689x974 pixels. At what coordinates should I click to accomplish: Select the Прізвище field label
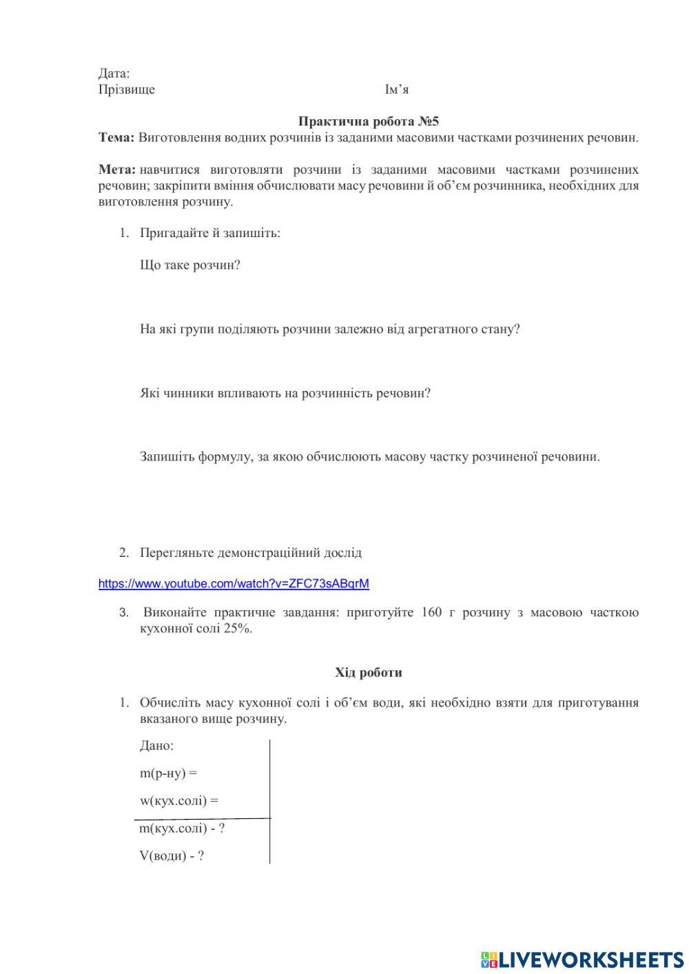[x=127, y=90]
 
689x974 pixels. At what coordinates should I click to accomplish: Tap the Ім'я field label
[x=397, y=90]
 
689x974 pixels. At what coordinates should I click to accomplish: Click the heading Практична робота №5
[x=369, y=121]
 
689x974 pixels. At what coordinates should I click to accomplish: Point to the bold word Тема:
[x=116, y=137]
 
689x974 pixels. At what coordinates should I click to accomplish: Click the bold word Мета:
[x=116, y=170]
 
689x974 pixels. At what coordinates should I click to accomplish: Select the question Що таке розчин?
[x=189, y=265]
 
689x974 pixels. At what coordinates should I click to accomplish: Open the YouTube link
[x=234, y=584]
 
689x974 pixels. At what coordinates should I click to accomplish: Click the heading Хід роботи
[x=369, y=672]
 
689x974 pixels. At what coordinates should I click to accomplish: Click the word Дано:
[x=156, y=746]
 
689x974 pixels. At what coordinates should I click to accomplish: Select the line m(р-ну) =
[x=168, y=773]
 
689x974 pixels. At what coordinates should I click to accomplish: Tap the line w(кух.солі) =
[x=178, y=801]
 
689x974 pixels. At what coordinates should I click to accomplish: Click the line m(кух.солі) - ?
[x=182, y=829]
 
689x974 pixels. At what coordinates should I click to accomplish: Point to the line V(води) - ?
[x=172, y=856]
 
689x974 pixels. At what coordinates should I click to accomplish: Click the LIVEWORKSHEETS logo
[x=582, y=959]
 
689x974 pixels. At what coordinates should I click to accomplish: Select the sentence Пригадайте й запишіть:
[x=210, y=233]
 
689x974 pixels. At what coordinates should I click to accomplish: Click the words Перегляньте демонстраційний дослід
[x=250, y=553]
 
